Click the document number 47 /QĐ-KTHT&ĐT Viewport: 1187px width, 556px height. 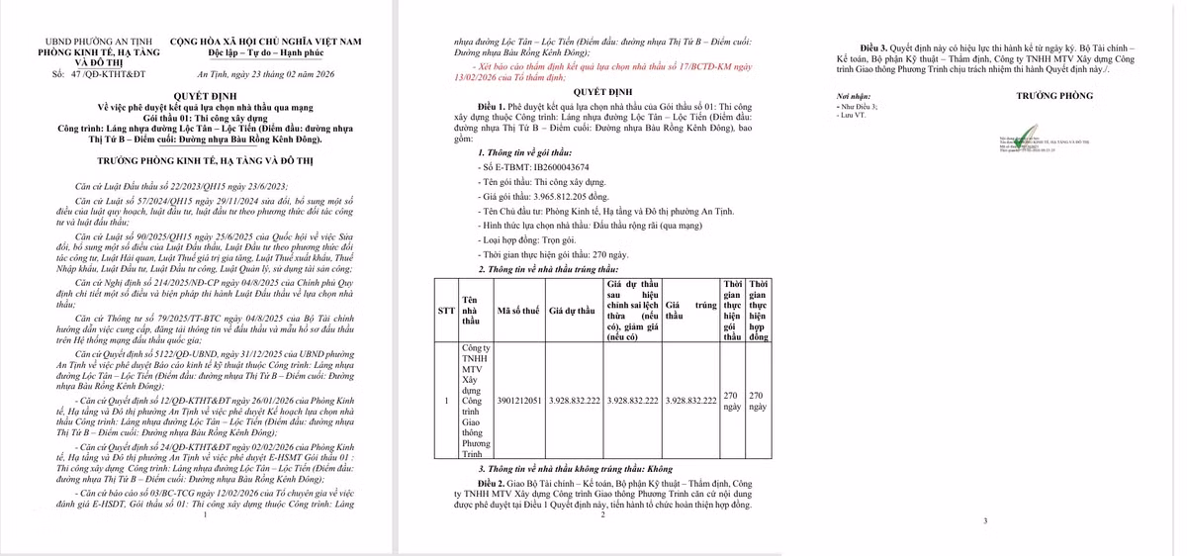(x=99, y=74)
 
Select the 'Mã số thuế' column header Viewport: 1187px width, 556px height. (x=519, y=310)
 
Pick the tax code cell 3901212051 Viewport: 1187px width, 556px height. (x=519, y=400)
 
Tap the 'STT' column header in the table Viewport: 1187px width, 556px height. (x=446, y=310)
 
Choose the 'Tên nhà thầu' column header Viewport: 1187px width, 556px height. (x=471, y=310)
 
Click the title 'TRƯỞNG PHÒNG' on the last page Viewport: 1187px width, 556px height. (x=1054, y=96)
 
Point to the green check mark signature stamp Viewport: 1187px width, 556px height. (x=1028, y=136)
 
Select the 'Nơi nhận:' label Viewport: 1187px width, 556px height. (x=854, y=96)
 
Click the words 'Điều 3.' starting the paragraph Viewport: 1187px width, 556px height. (x=875, y=47)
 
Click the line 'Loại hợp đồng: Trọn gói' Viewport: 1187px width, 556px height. (x=528, y=239)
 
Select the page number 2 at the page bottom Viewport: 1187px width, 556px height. (x=602, y=513)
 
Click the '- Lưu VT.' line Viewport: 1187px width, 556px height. (x=852, y=116)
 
